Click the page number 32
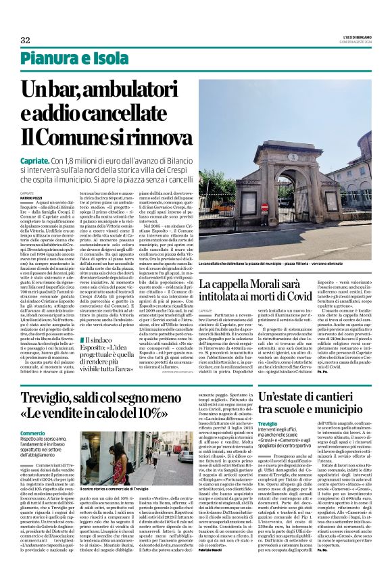coord(26,40)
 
